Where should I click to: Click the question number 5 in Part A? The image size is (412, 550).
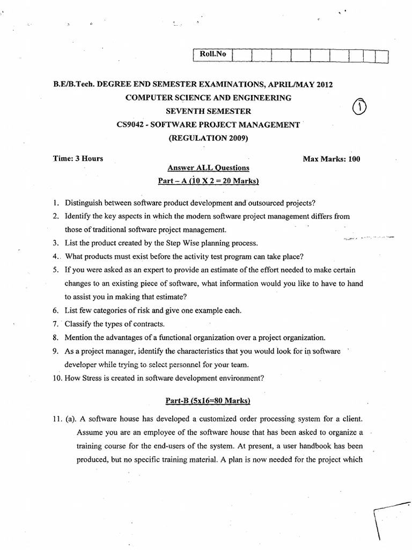tap(55, 270)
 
